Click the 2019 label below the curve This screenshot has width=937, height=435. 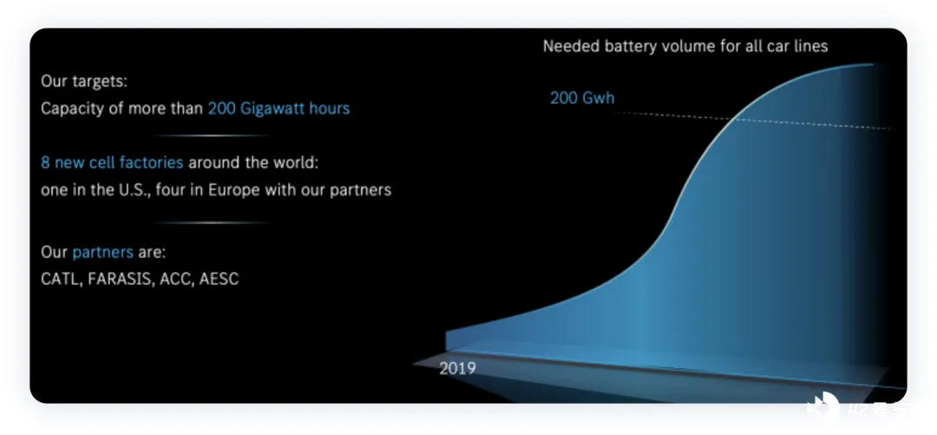(457, 369)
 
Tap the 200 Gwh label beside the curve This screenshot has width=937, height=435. (582, 98)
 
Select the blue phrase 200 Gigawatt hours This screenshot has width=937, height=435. (278, 109)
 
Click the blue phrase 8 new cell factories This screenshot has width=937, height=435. (112, 162)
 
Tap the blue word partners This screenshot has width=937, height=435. (102, 253)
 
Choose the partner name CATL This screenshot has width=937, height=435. (60, 279)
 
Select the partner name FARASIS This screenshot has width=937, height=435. (120, 279)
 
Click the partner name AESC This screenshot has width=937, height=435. (220, 279)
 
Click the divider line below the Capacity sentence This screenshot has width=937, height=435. (213, 135)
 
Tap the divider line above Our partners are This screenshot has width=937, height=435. (213, 222)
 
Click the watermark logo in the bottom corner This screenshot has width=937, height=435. (823, 405)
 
